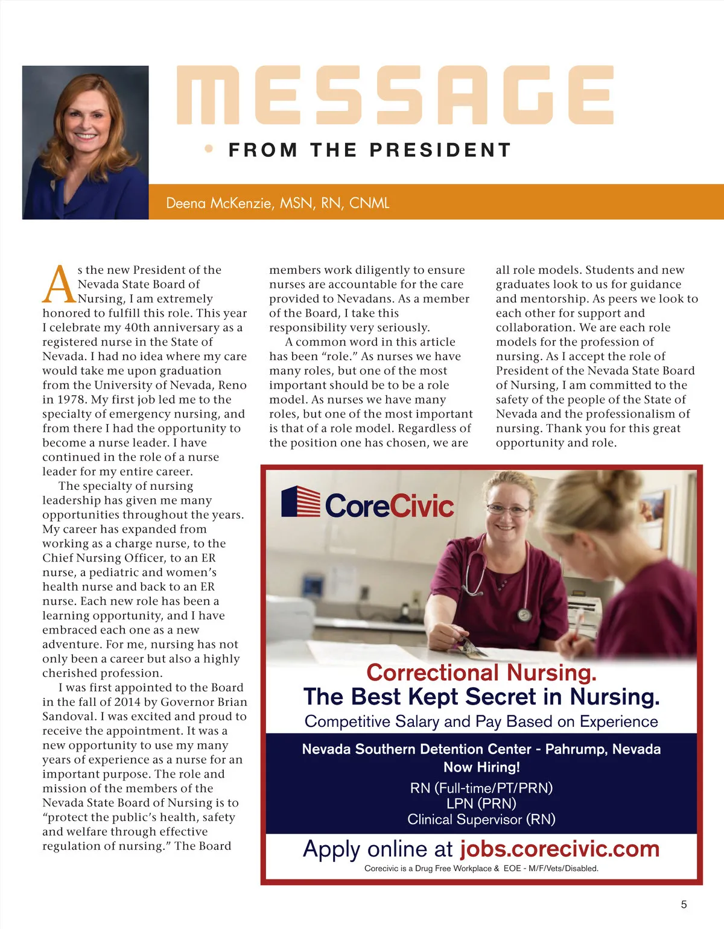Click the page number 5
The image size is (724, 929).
coord(684,904)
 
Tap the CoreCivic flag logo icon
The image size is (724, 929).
coord(300,502)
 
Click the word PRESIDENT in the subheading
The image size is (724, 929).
coord(440,150)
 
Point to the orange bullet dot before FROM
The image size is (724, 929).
coord(209,148)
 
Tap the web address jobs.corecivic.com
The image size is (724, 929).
coord(559,849)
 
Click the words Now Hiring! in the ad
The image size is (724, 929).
coord(481,767)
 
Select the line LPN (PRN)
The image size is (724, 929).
coord(481,804)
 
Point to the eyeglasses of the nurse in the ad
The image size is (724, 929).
coord(508,510)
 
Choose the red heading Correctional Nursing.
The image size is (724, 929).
coord(481,672)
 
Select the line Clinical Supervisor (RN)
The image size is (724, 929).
coord(481,819)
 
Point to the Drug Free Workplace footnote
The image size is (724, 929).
coord(481,869)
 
